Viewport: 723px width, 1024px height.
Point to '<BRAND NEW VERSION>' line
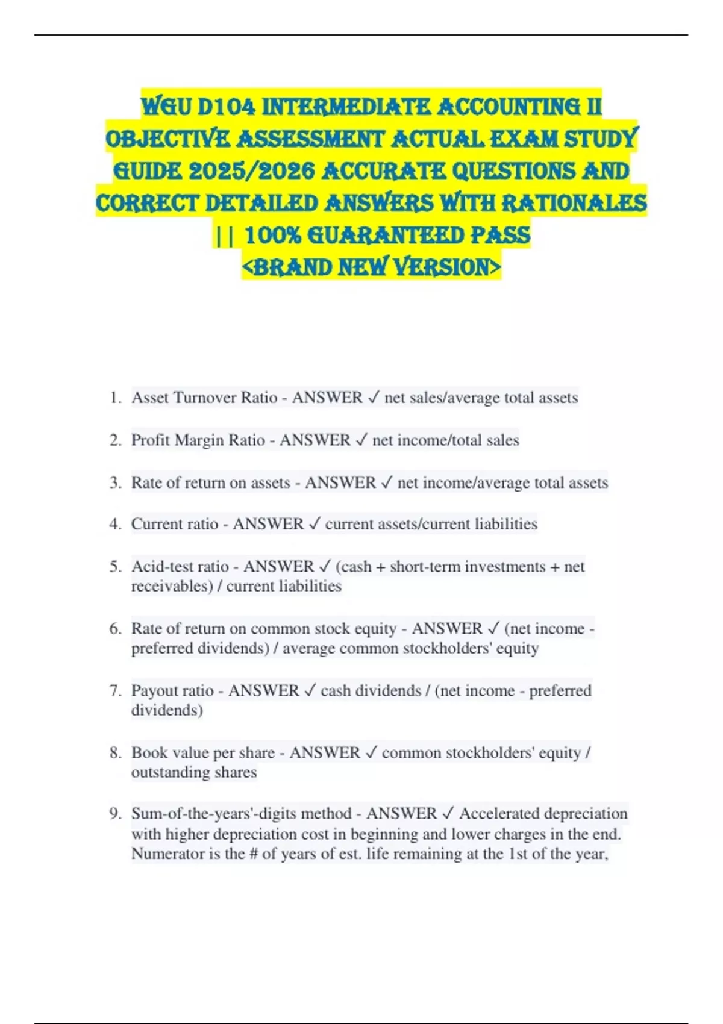371,267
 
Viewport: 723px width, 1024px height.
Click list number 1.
116,398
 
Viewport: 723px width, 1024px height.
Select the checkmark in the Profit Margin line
361,440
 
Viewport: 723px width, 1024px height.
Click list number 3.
116,482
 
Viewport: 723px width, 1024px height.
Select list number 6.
116,629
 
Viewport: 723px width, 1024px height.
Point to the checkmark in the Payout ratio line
310,691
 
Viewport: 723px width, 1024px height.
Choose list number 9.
116,814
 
